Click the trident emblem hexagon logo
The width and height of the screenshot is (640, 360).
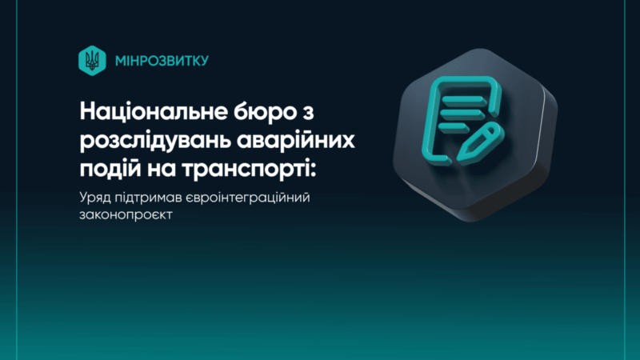92,61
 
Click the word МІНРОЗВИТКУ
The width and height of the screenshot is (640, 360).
162,61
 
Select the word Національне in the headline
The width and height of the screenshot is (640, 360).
154,111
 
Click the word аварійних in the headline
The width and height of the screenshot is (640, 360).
296,140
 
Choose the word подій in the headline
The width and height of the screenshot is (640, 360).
110,168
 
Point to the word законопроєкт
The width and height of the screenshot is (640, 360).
126,214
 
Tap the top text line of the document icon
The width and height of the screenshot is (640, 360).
463,99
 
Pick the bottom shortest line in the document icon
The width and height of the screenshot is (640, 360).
454,127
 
